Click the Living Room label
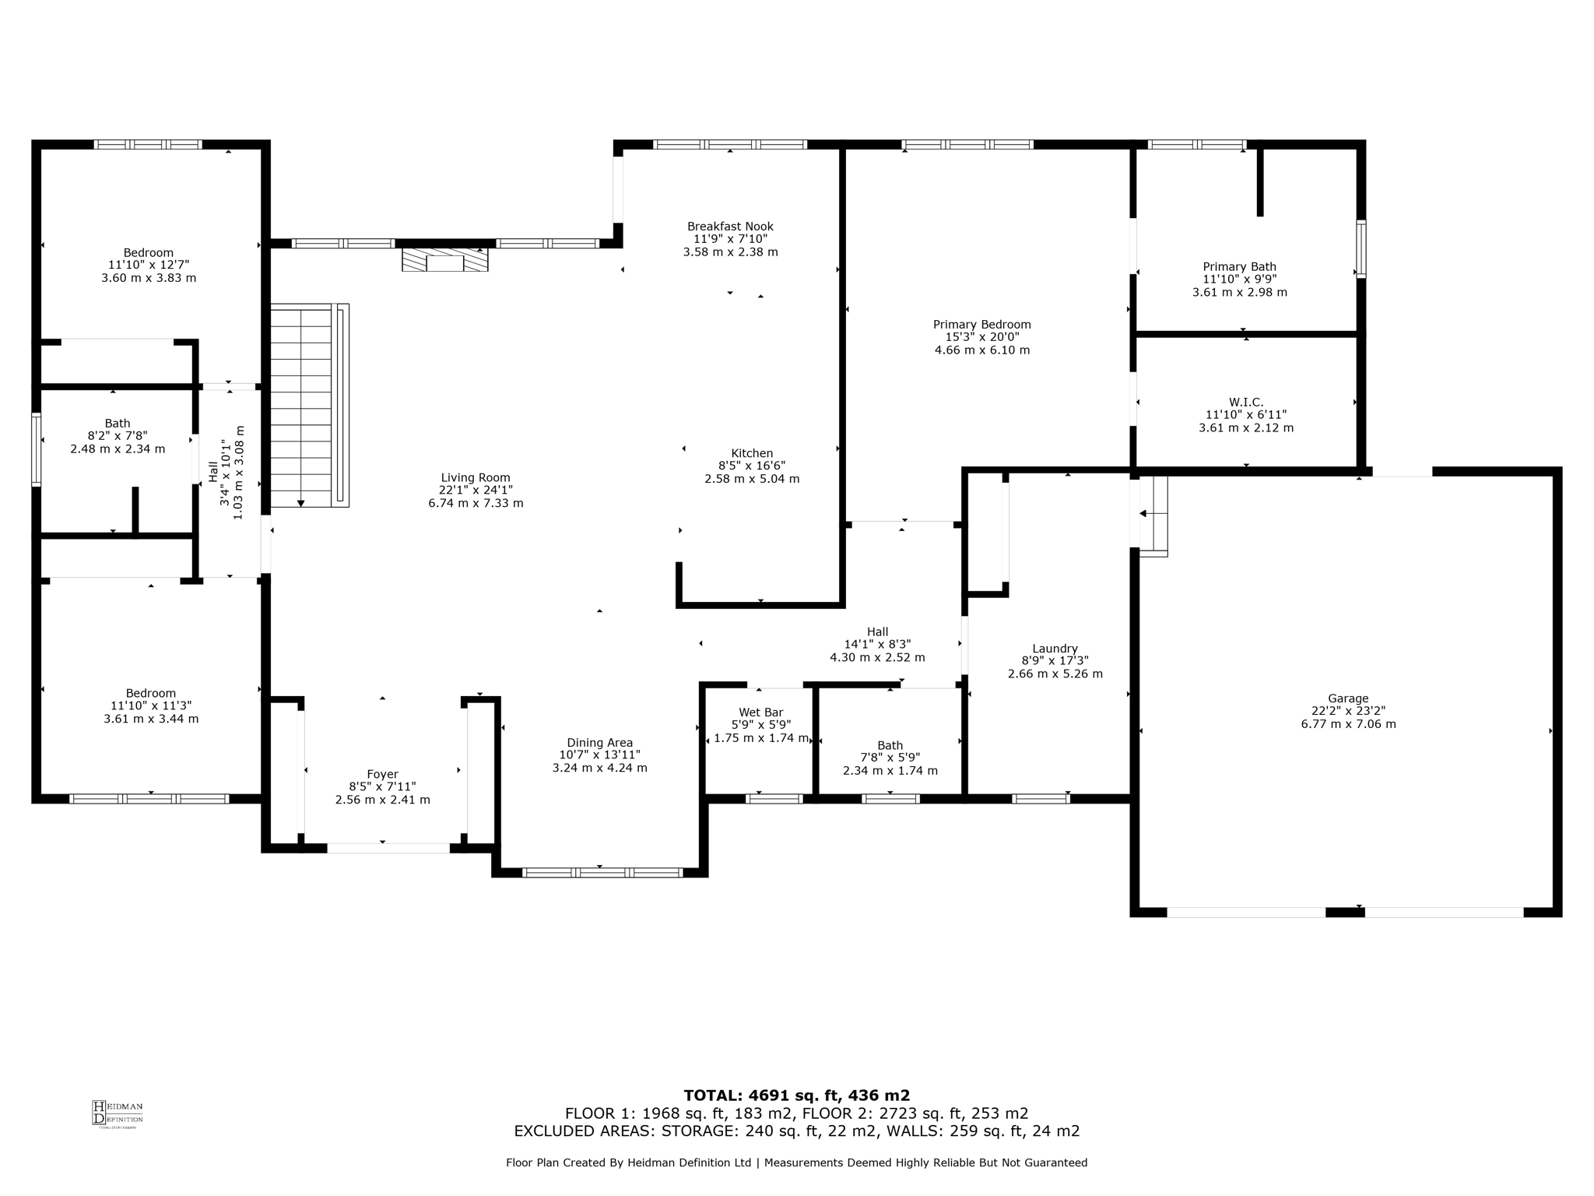click(476, 478)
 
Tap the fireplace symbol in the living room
click(444, 259)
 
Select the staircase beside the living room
click(310, 406)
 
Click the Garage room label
click(1348, 698)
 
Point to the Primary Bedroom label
click(982, 325)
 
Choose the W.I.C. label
click(1246, 402)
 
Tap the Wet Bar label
click(761, 712)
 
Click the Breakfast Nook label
click(730, 227)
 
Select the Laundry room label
click(1055, 649)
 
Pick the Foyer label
click(382, 774)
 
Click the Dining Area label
click(599, 743)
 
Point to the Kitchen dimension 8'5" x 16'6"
click(752, 466)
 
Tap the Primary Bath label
click(1240, 267)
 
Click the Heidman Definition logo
click(118, 1113)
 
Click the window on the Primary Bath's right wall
click(1361, 249)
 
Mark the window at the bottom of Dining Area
click(602, 872)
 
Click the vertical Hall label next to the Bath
click(213, 472)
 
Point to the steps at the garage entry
click(1153, 516)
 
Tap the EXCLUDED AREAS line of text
click(797, 1131)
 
